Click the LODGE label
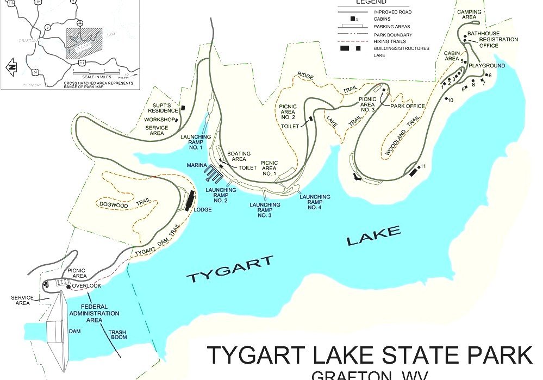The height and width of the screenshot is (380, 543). point(203,209)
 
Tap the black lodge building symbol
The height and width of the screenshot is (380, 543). point(189,201)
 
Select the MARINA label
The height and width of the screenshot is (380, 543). point(196,165)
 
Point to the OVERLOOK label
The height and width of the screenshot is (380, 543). point(86,286)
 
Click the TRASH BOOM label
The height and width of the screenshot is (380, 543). point(117,334)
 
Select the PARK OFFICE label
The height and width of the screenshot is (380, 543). point(408,106)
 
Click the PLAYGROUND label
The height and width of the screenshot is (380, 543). point(487,66)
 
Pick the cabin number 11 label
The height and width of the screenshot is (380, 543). point(423,165)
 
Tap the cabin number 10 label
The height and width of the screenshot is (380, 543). point(451,100)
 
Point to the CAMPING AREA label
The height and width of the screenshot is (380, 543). point(469,14)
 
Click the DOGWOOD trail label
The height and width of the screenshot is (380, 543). point(114,204)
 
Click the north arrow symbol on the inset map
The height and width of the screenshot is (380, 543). point(10,67)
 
